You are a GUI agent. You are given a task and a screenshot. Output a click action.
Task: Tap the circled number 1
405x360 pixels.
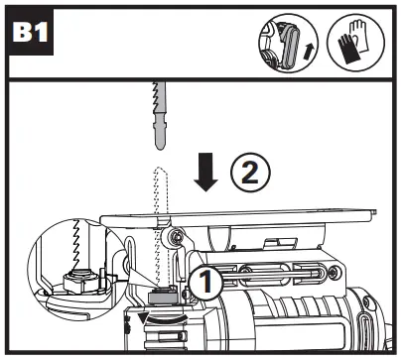click(205, 283)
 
